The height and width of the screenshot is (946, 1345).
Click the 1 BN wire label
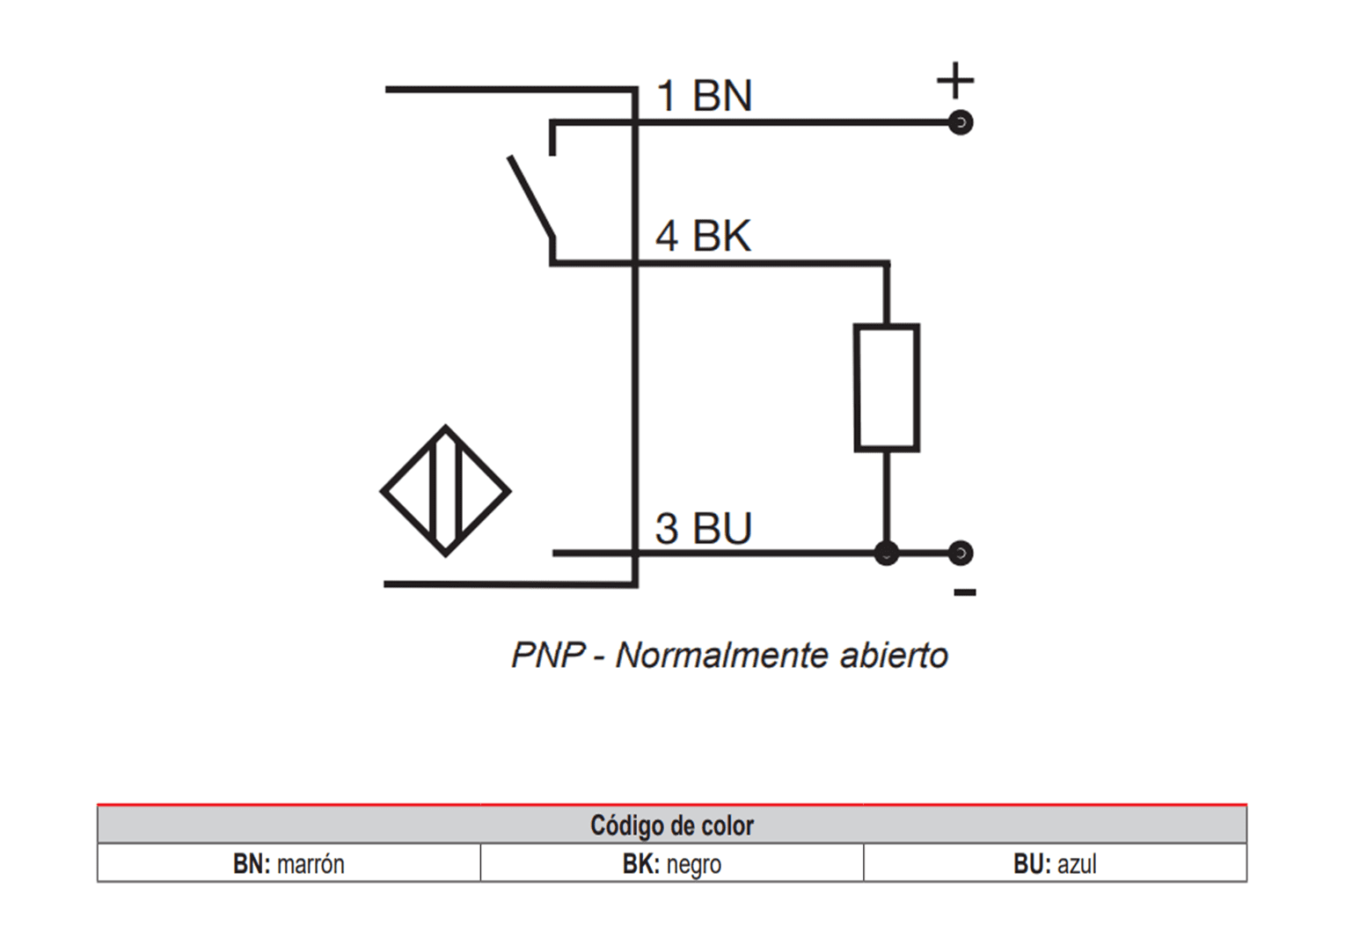(704, 95)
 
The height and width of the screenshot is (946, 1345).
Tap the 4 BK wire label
(703, 236)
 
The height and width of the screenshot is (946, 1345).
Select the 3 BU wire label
(703, 528)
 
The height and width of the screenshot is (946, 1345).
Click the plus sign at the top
(955, 81)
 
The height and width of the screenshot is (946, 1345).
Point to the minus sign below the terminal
(965, 592)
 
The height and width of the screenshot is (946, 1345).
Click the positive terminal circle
(961, 122)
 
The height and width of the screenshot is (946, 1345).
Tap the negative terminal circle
(961, 553)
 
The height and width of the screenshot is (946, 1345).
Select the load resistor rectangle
(887, 387)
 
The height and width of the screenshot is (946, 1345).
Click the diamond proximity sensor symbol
(445, 491)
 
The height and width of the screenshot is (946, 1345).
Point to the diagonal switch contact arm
(531, 198)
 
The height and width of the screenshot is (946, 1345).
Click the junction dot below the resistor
(887, 553)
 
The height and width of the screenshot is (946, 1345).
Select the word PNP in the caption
(548, 656)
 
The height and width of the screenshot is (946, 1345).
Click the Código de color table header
(672, 825)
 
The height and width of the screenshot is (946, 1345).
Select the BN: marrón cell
(289, 864)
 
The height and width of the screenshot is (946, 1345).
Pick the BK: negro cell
(672, 864)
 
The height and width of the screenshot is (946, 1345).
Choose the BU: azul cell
(1055, 864)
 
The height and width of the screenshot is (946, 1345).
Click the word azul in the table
(1077, 864)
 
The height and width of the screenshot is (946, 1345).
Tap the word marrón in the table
(311, 864)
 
